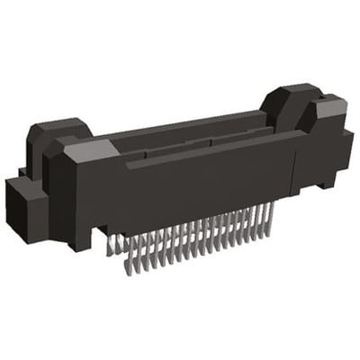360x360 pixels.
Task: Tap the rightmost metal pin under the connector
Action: (267, 216)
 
